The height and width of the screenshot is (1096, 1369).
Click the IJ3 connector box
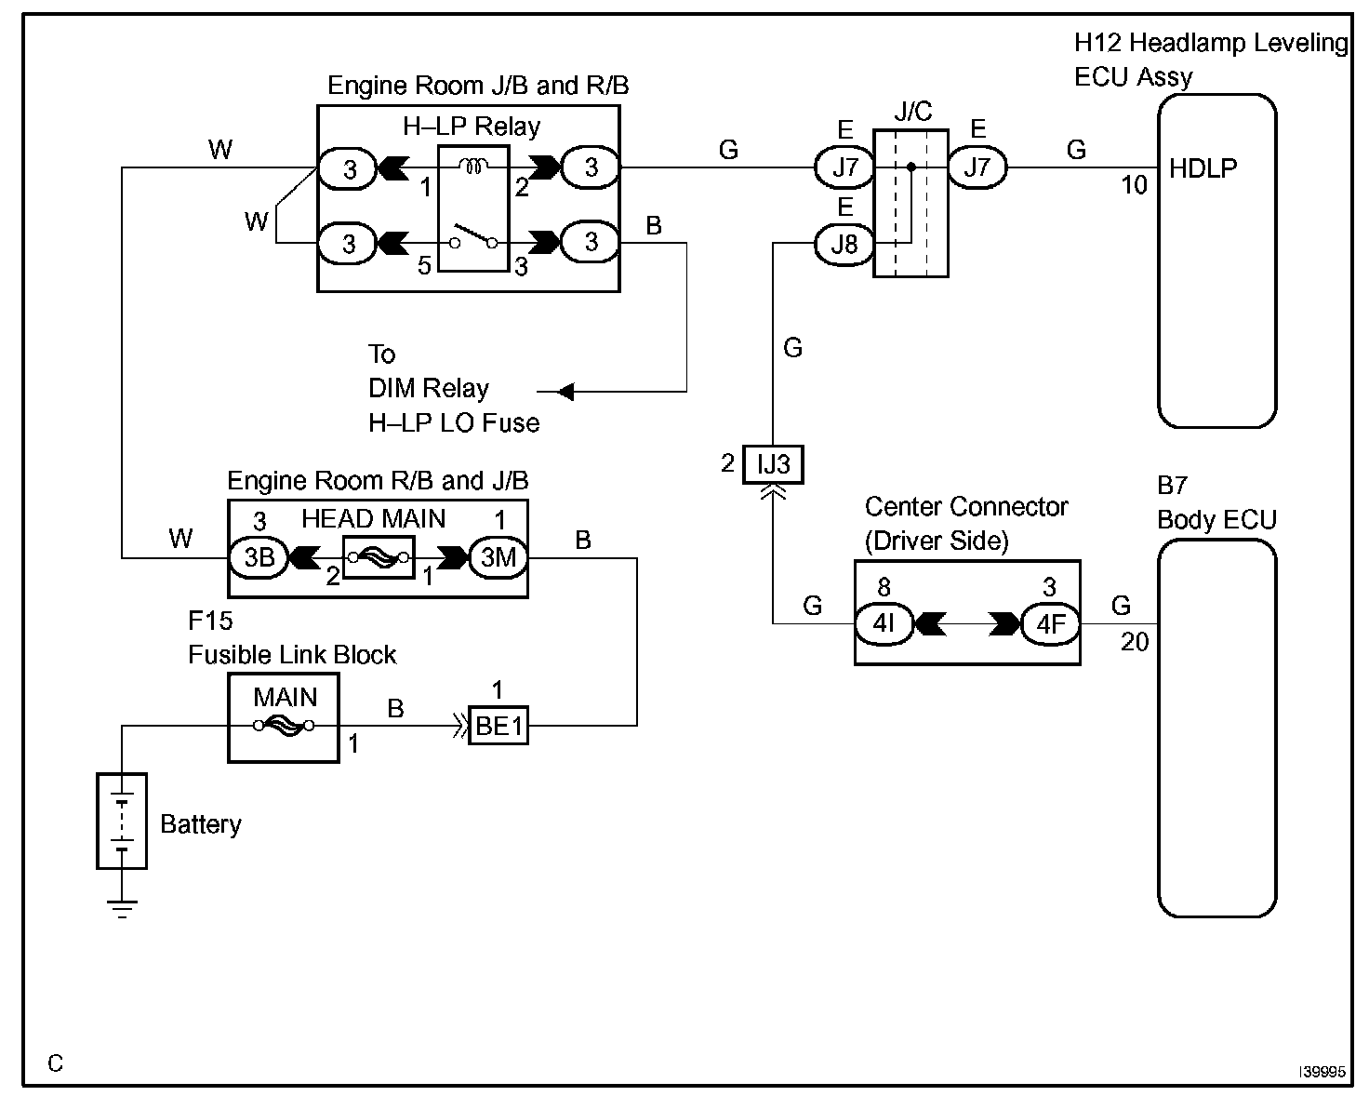(x=773, y=464)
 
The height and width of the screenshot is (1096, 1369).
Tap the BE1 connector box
(x=499, y=726)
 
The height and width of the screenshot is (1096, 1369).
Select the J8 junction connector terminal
(x=844, y=244)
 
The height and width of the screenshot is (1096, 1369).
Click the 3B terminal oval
(x=259, y=557)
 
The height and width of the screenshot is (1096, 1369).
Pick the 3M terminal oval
(x=498, y=557)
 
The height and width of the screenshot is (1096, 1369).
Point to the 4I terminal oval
(x=884, y=623)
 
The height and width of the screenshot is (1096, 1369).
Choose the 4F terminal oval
(x=1050, y=623)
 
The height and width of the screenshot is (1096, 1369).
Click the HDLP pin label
(x=1203, y=168)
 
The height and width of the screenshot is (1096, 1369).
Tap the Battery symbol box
(x=122, y=821)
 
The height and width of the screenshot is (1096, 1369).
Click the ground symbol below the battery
(x=122, y=907)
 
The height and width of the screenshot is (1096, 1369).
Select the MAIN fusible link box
(x=284, y=718)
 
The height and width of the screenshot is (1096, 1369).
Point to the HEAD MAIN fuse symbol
(x=379, y=557)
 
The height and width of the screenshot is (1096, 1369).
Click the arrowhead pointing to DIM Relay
(x=565, y=392)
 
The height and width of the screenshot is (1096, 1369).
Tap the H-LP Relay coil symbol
(x=473, y=167)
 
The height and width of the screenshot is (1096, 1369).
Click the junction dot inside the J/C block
(x=911, y=167)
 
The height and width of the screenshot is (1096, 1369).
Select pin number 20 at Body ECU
(x=1135, y=642)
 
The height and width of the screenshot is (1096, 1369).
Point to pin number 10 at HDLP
(x=1134, y=186)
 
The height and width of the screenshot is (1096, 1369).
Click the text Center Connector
(x=966, y=507)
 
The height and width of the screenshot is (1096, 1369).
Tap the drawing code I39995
(x=1322, y=1072)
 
